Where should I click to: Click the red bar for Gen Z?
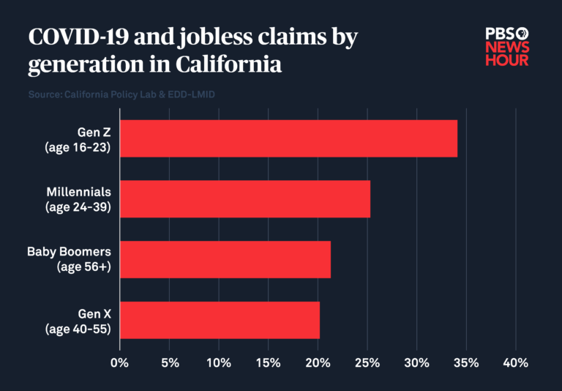[288, 138]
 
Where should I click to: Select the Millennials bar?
[244, 198]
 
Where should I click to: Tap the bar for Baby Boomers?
[225, 259]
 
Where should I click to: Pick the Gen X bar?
[219, 320]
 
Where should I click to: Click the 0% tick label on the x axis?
[119, 363]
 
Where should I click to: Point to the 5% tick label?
[169, 363]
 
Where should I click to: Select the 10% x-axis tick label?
[218, 363]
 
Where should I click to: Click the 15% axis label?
[268, 363]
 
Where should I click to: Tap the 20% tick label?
[318, 363]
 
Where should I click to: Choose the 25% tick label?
[367, 363]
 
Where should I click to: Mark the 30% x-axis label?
[416, 363]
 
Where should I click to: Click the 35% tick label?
[466, 363]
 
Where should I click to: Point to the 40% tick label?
[516, 363]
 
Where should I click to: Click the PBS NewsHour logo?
[506, 46]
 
